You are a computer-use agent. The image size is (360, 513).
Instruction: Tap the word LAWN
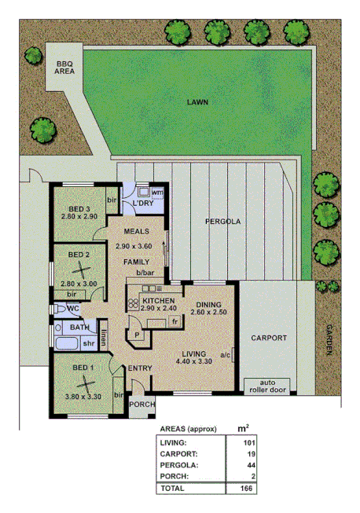[x=197, y=102]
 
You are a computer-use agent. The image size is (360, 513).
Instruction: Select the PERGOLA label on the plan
[x=223, y=222]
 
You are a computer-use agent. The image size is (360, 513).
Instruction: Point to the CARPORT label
[x=269, y=338]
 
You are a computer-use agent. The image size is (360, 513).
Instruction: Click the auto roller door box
[x=268, y=385]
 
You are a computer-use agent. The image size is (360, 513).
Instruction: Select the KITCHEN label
[x=158, y=300]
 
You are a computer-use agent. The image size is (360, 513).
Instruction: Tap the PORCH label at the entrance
[x=142, y=405]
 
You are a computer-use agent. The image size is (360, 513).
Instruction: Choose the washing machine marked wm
[x=156, y=192]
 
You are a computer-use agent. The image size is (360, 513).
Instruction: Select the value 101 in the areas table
[x=250, y=442]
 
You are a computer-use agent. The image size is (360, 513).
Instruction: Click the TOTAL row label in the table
[x=174, y=488]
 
